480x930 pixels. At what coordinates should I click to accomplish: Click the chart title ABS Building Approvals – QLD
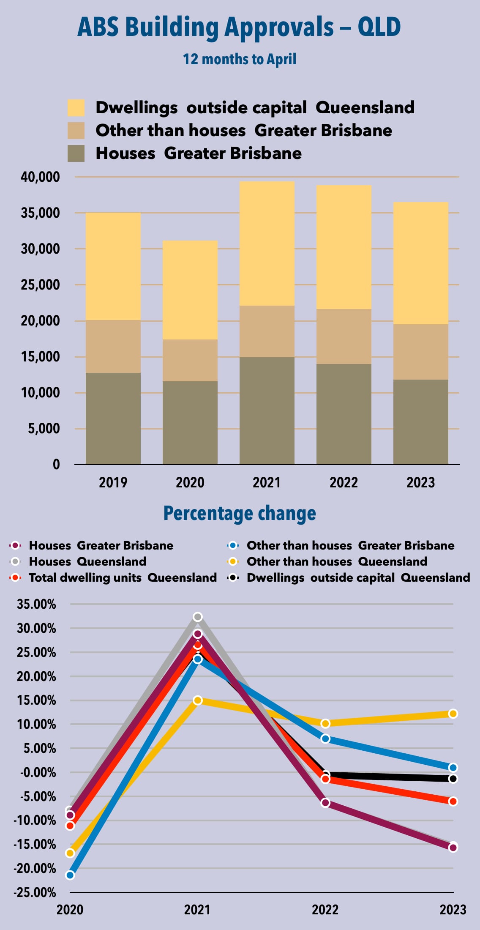(239, 27)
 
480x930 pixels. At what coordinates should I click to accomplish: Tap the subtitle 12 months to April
(240, 59)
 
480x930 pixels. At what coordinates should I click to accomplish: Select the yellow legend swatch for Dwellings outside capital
(76, 108)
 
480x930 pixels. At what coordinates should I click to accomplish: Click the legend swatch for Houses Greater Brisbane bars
(76, 153)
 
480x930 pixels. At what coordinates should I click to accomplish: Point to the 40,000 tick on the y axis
(40, 177)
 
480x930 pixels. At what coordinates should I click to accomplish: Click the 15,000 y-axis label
(40, 357)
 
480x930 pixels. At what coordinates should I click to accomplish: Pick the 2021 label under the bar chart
(267, 482)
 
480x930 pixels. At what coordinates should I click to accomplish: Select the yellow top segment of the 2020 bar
(190, 290)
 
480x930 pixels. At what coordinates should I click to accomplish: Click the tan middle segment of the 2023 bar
(420, 352)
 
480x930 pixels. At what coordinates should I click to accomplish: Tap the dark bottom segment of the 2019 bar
(113, 418)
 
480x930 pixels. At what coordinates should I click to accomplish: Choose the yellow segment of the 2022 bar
(344, 247)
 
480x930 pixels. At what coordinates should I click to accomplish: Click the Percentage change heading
(240, 514)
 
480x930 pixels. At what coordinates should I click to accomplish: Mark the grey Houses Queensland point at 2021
(198, 617)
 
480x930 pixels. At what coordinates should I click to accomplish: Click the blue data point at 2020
(70, 875)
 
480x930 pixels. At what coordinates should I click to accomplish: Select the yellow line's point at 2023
(453, 714)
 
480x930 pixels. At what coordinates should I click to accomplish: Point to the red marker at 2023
(453, 801)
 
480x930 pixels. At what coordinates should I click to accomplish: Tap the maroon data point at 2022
(325, 803)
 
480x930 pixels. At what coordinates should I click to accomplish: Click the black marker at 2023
(453, 779)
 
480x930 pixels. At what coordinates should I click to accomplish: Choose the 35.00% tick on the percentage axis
(36, 604)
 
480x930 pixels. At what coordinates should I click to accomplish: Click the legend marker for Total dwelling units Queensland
(15, 577)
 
